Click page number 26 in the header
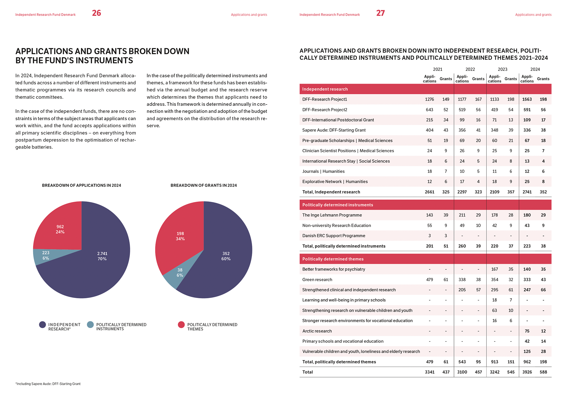[96, 13]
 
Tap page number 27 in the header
[380, 13]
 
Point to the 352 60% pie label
[226, 256]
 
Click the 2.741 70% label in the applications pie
[102, 256]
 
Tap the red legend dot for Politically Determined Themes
[181, 325]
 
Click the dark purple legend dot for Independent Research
[42, 325]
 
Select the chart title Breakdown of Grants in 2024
[203, 185]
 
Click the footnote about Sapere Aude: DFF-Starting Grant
[48, 384]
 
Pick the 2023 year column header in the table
[502, 69]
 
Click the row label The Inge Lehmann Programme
[332, 215]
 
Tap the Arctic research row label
[317, 331]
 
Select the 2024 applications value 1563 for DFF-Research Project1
[527, 100]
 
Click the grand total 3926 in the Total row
[527, 372]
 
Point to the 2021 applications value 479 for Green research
[430, 280]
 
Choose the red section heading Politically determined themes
[333, 259]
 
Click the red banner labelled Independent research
[325, 89]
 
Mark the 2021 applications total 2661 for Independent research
[430, 192]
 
